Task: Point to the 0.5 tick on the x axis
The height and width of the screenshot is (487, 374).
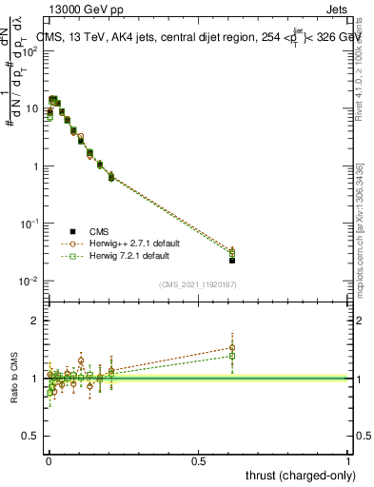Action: tap(198, 459)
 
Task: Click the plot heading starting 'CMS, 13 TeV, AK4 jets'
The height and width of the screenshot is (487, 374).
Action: tap(190, 37)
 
